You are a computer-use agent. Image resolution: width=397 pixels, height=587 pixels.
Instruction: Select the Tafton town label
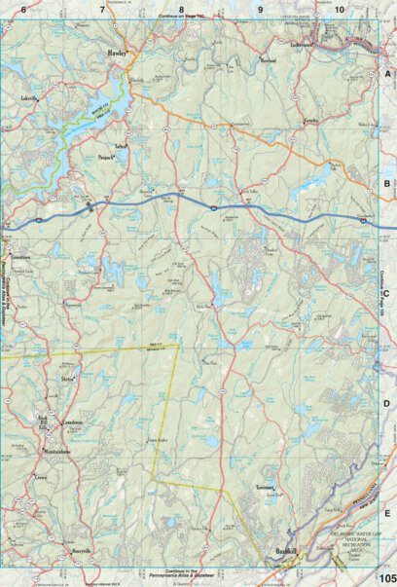pos(121,146)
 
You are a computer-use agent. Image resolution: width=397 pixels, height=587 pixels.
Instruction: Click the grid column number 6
pos(24,9)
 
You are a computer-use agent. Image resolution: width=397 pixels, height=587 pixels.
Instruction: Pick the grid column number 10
pos(339,9)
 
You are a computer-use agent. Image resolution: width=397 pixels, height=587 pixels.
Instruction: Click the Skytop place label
pos(68,379)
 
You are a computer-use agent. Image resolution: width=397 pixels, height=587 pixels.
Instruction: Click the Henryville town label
pos(80,551)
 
